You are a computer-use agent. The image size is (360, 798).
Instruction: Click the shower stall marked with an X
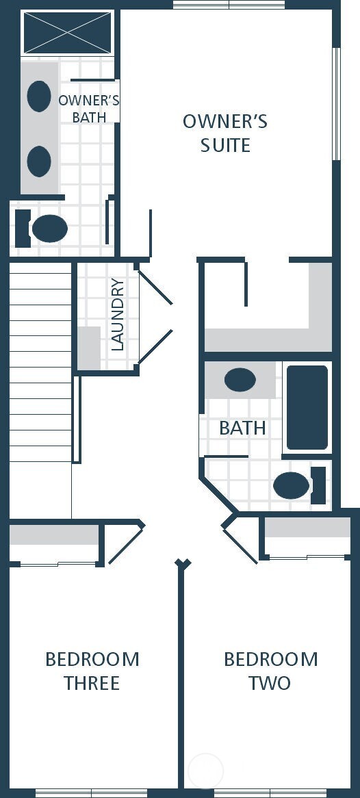[x=68, y=32]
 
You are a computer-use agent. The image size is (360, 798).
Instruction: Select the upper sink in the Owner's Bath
[x=39, y=96]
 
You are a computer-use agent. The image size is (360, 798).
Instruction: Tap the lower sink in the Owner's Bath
[x=39, y=162]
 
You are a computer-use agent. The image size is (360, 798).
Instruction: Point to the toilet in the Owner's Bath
[x=48, y=229]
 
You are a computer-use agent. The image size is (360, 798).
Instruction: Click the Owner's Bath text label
[x=89, y=109]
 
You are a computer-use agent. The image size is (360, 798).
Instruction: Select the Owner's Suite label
[x=224, y=133]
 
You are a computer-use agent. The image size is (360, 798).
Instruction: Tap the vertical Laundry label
[x=117, y=315]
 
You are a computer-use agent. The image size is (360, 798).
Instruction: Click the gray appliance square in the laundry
[x=88, y=348]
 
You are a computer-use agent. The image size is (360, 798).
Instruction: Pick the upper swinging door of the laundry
[x=155, y=287]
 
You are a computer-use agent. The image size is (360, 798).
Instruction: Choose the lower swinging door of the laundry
[x=155, y=346]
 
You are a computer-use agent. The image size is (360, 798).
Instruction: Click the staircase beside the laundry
[x=40, y=363]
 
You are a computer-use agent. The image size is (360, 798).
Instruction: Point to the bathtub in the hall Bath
[x=307, y=408]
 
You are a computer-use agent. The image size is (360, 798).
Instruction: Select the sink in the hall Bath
[x=240, y=380]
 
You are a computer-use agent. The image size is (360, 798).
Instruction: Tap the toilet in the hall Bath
[x=293, y=485]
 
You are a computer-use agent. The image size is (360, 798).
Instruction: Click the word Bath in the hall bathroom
[x=242, y=428]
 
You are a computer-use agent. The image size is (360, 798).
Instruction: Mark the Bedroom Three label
[x=92, y=671]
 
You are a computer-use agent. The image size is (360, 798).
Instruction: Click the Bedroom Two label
[x=270, y=671]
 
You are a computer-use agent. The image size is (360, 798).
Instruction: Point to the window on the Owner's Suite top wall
[x=229, y=5]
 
